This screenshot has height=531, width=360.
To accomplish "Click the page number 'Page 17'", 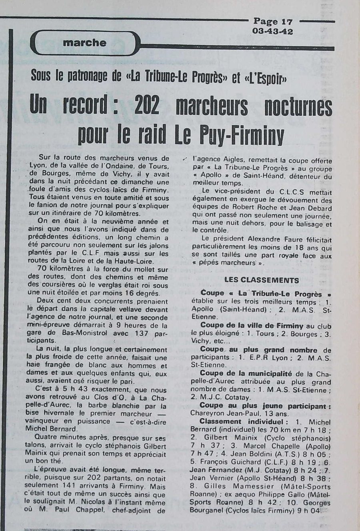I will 272,22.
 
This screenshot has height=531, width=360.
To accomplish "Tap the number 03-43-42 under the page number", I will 272,31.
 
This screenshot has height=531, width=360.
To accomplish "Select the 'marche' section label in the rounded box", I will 85,43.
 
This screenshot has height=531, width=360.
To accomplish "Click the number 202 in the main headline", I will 147,106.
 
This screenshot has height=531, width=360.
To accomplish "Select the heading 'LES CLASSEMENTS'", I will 262,280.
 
